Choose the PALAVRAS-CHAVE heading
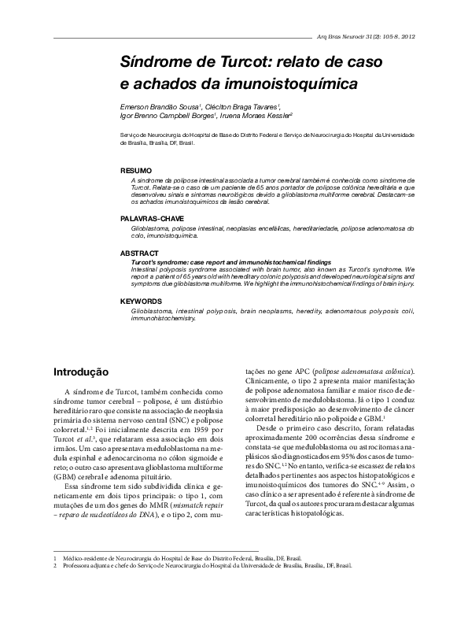click(x=153, y=216)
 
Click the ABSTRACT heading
click(x=140, y=253)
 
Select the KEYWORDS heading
click(x=141, y=301)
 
